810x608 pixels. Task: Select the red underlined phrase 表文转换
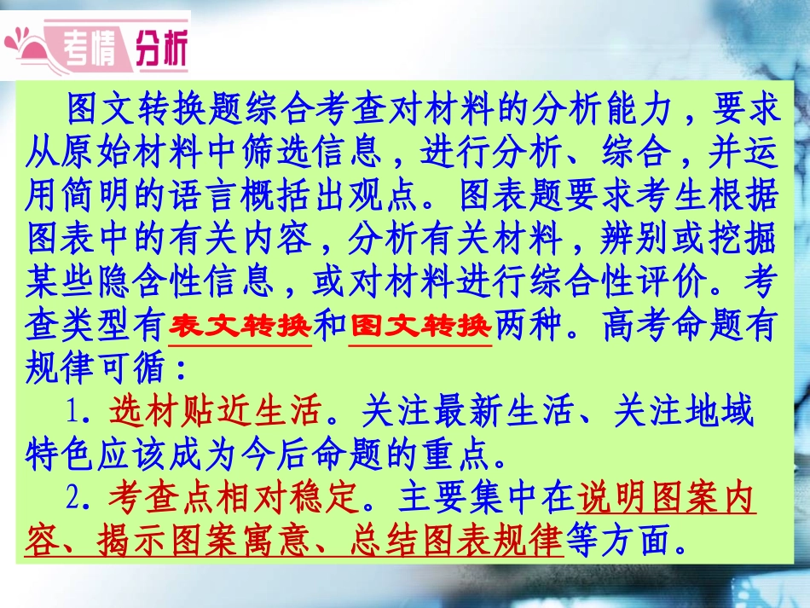[x=240, y=326]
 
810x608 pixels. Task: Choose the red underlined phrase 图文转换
[x=421, y=326]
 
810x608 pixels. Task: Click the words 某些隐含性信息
[x=188, y=281]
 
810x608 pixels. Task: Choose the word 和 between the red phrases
[x=331, y=326]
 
